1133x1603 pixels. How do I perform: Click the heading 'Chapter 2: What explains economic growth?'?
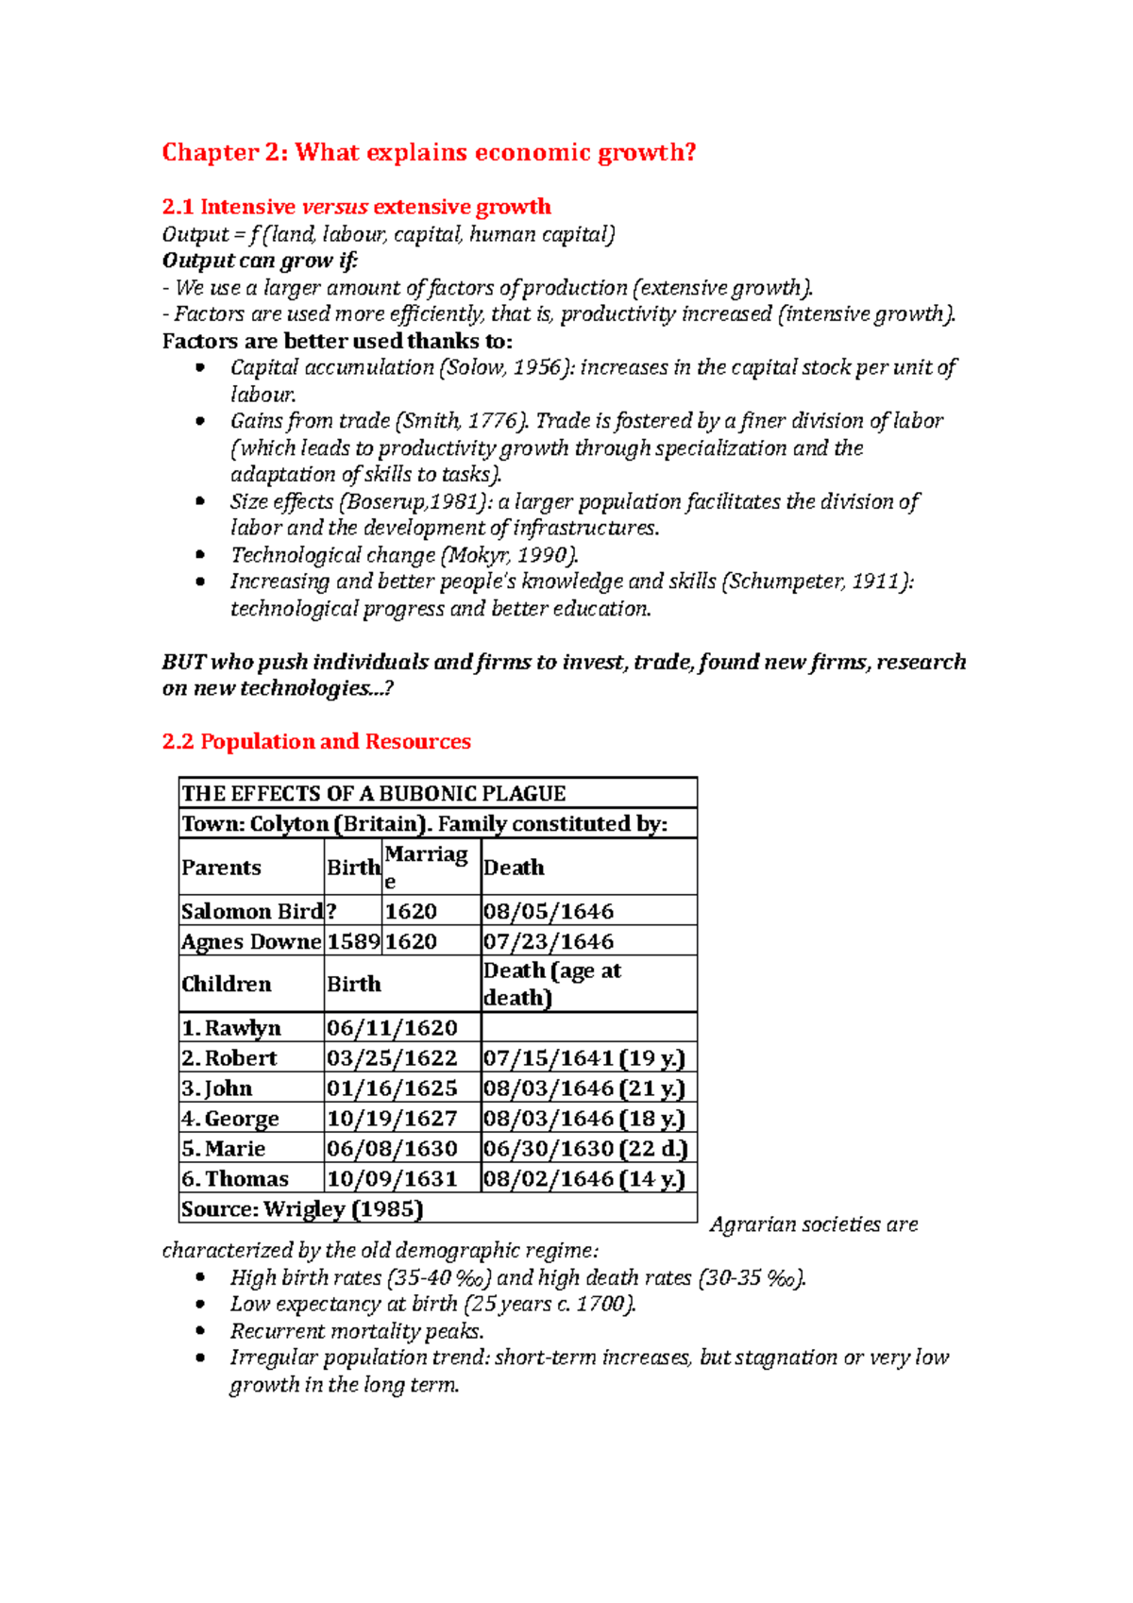429,152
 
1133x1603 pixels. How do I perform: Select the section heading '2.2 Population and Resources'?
316,741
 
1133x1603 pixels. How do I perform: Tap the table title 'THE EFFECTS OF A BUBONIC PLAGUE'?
374,793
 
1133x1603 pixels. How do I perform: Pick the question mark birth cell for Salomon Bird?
331,911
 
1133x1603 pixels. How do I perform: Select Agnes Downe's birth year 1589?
352,941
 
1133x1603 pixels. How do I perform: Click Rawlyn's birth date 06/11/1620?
392,1027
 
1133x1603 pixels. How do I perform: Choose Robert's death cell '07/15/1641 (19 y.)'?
583,1057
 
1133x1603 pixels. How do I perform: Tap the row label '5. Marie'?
224,1148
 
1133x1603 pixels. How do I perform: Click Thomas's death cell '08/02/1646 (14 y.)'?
583,1178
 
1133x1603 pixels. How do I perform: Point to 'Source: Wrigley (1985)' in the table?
302,1208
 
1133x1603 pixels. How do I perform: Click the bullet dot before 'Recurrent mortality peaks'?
199,1330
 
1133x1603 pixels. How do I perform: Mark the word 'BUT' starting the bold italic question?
184,662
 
